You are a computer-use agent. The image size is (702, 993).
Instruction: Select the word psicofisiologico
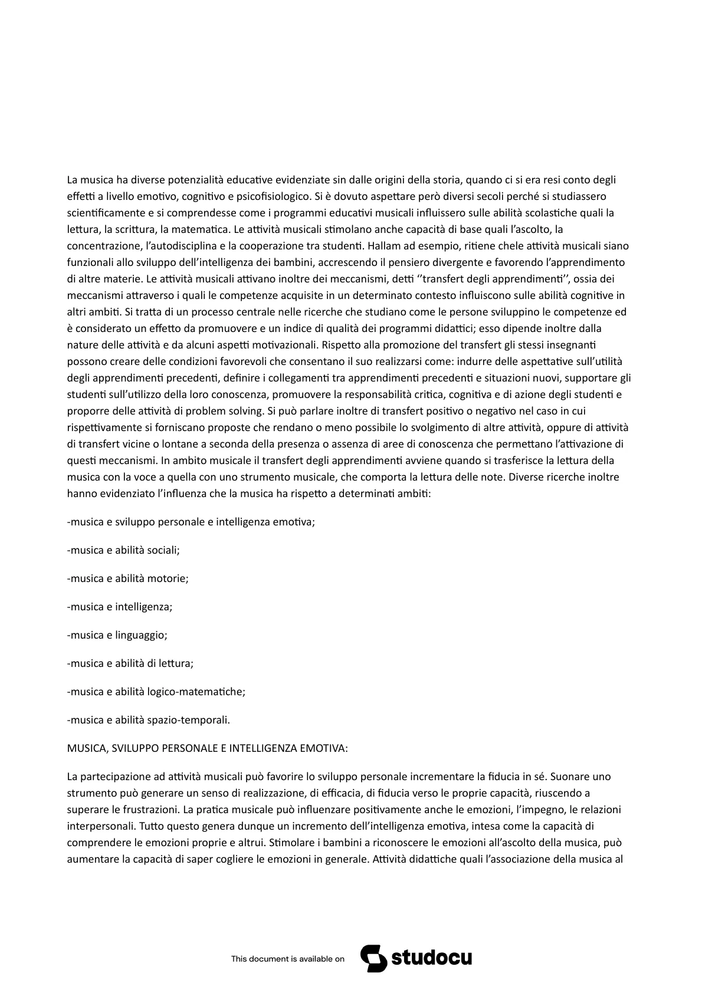click(274, 196)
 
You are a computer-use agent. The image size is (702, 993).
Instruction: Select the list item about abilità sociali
click(124, 550)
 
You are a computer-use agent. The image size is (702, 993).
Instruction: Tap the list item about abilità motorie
click(128, 578)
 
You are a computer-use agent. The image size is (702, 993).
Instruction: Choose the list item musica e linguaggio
click(118, 635)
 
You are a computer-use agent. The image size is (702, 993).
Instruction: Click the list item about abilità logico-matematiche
click(156, 692)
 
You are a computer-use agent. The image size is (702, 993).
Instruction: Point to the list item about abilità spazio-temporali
click(149, 720)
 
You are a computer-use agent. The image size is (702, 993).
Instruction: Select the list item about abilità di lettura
click(130, 663)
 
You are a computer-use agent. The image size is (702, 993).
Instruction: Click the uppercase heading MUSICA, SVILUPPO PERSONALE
click(208, 748)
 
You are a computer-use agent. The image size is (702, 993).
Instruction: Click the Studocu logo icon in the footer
click(373, 958)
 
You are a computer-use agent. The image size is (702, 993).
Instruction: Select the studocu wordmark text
click(431, 958)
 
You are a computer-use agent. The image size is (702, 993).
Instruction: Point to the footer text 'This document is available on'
click(288, 959)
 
